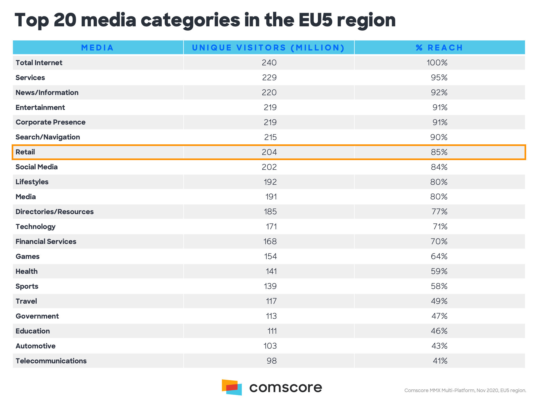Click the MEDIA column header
[97, 48]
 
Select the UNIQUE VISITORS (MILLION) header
[268, 48]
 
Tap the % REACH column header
[439, 48]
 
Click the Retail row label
[25, 152]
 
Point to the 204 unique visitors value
[269, 152]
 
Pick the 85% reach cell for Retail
[439, 152]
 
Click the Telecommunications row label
[51, 361]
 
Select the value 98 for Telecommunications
[271, 361]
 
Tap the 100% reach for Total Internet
[437, 63]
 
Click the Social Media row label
[37, 167]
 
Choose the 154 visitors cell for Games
[270, 256]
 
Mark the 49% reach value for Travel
[439, 301]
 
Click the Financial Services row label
[46, 241]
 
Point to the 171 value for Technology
[271, 227]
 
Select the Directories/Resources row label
[55, 212]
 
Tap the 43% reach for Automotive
[439, 346]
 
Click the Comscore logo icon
[232, 387]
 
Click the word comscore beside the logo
[286, 387]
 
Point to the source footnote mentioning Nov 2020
[465, 390]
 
